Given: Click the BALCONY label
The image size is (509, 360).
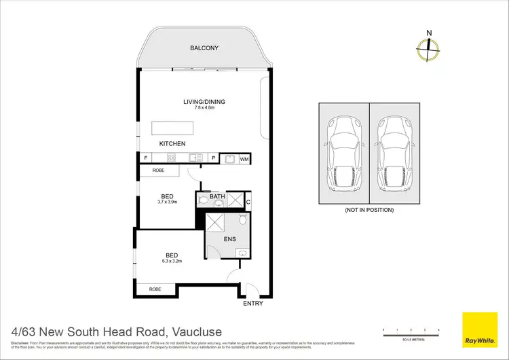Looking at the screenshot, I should click(204, 48).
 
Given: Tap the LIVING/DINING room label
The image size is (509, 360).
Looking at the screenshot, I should click(204, 102).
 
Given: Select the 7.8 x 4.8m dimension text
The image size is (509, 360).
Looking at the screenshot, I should click(204, 109).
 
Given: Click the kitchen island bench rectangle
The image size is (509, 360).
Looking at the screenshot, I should click(172, 128).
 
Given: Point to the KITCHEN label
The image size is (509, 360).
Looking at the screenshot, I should click(172, 144).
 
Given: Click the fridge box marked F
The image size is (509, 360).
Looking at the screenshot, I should click(145, 158).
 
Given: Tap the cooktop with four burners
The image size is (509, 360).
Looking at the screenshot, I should click(172, 158).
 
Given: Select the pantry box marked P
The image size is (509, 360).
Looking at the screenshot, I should click(213, 158).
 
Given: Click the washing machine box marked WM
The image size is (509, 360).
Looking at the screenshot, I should click(244, 158).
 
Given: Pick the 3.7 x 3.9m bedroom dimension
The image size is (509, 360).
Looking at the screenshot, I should click(166, 202).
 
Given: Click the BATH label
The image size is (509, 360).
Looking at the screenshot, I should click(217, 198).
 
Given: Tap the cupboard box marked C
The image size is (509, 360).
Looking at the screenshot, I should click(248, 201).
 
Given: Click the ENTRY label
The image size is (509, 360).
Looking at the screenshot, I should click(252, 304).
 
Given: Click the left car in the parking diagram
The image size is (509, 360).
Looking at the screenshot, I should click(343, 154).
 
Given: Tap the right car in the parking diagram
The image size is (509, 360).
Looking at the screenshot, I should click(394, 154).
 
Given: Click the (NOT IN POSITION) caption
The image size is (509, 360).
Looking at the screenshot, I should click(369, 210).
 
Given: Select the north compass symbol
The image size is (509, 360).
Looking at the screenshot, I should click(428, 46).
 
